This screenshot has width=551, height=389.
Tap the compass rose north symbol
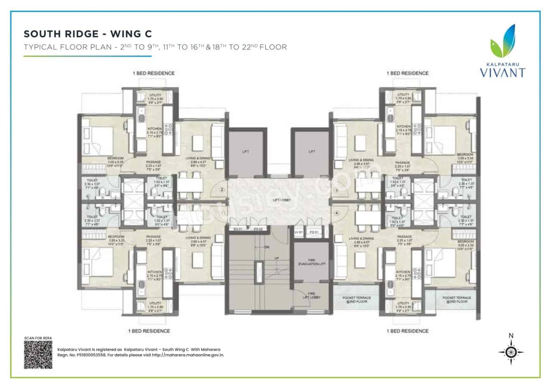coord(511,351)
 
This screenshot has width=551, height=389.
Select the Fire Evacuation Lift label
coord(312,262)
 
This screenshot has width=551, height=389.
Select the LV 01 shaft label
coord(299,233)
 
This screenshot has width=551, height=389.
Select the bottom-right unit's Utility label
coord(403,303)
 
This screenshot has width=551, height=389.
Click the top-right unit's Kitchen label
coord(403,126)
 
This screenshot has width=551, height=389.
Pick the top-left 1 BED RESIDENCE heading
coord(154,73)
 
